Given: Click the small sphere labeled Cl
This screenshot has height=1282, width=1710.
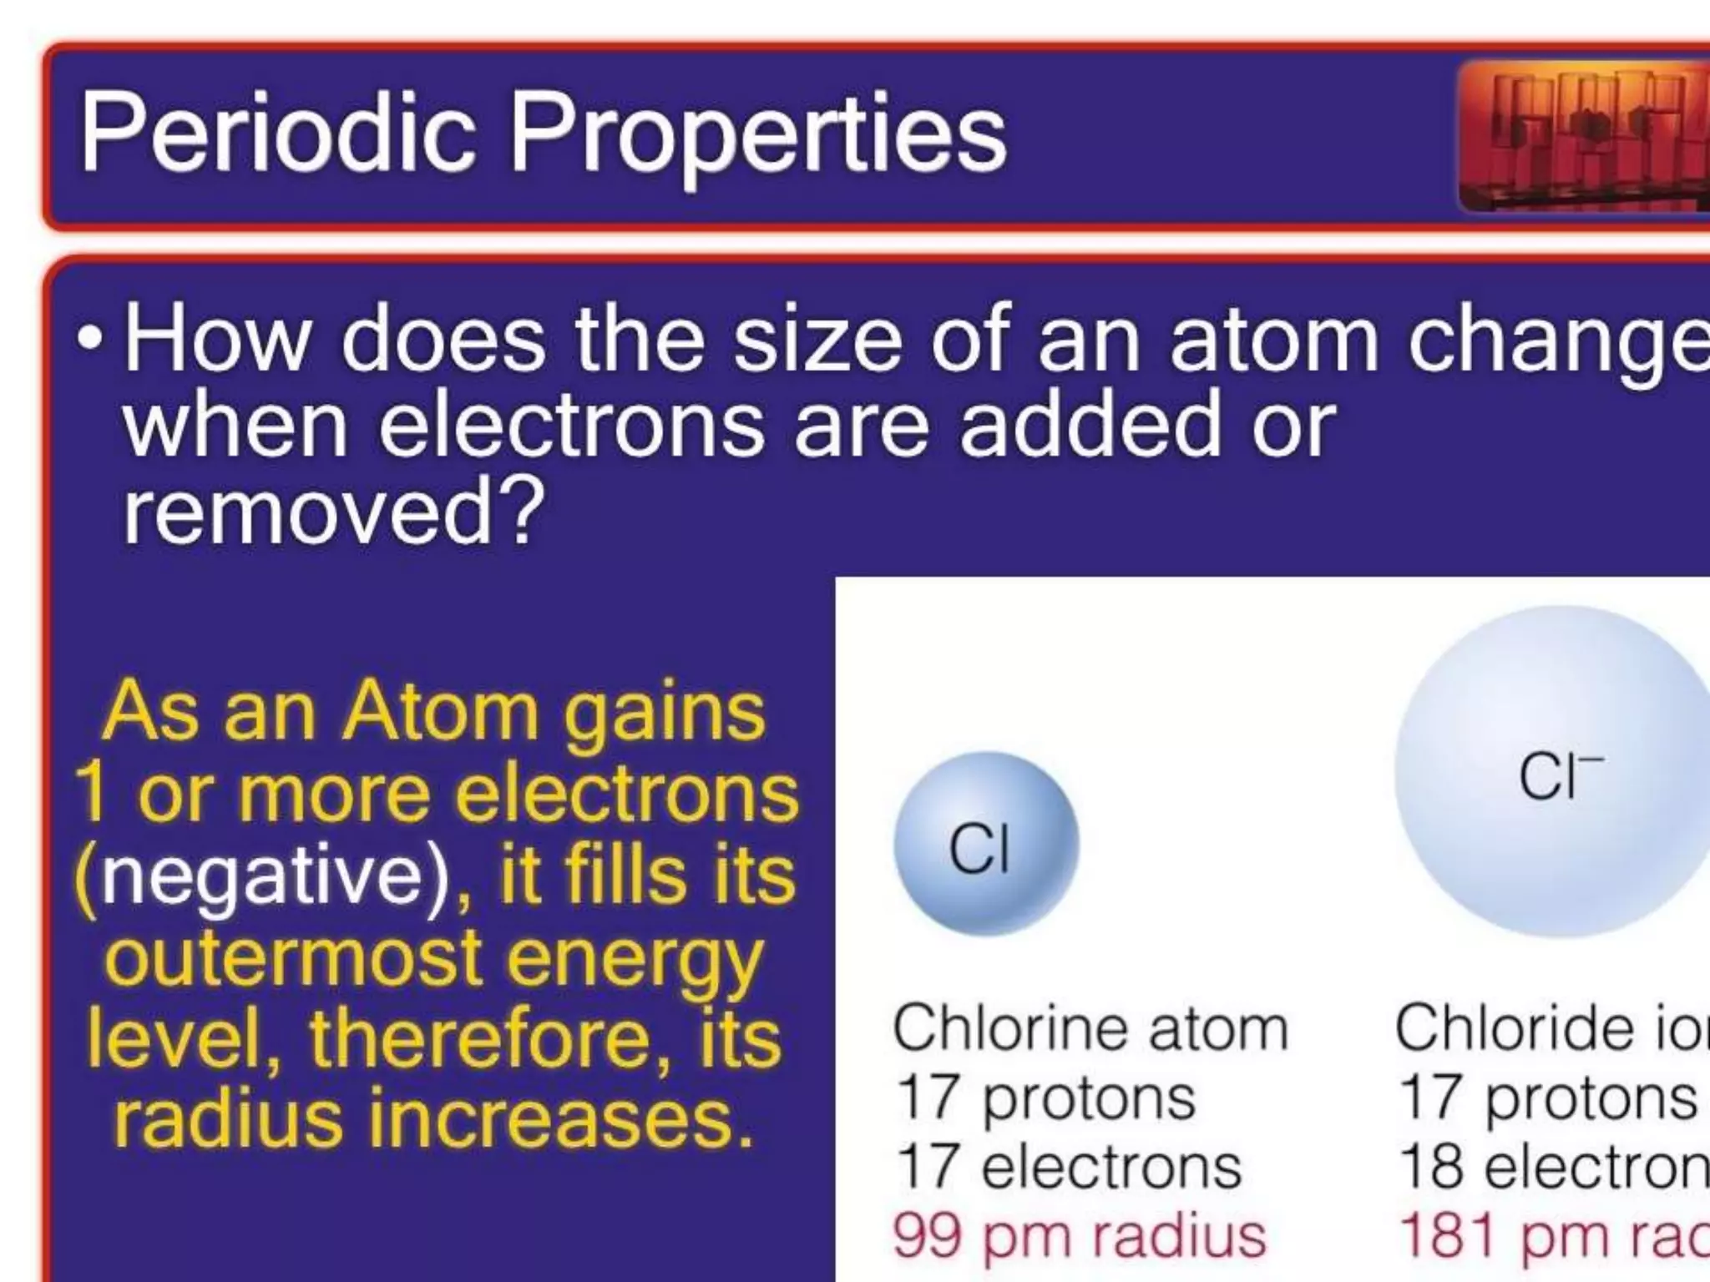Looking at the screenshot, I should pos(985,844).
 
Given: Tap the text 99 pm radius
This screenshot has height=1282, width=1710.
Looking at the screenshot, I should pos(1080,1236).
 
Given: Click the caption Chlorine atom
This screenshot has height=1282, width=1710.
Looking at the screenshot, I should pos(1090,1028).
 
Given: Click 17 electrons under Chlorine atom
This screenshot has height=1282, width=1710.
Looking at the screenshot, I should pos(1069,1167).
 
